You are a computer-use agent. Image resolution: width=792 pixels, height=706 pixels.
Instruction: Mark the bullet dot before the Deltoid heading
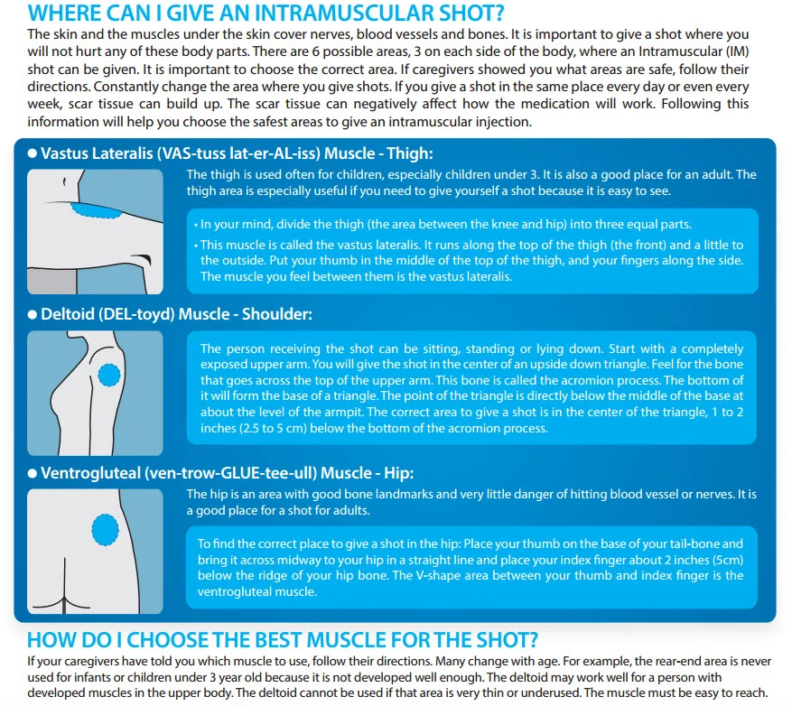coord(33,314)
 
